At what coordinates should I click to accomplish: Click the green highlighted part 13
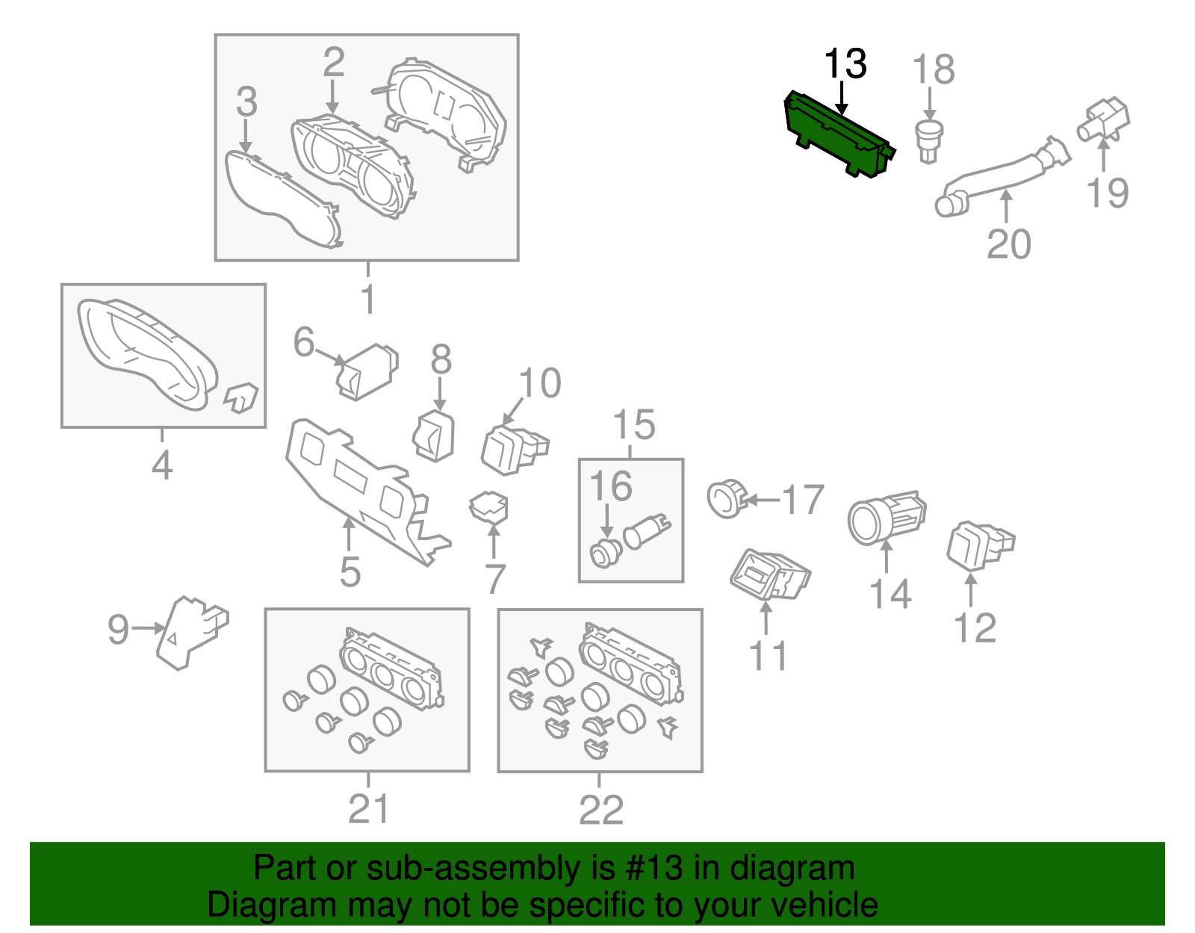(836, 134)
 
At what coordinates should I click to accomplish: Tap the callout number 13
(845, 64)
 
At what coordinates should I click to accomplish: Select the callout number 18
(934, 69)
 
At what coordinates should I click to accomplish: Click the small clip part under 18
(928, 140)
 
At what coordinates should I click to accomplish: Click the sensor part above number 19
(1103, 120)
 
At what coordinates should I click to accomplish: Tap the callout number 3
(246, 102)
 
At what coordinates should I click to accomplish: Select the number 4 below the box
(162, 465)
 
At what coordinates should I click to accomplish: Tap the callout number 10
(539, 383)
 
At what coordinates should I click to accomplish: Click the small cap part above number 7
(488, 507)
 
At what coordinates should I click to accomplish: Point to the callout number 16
(610, 486)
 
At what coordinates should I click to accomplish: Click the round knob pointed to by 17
(726, 498)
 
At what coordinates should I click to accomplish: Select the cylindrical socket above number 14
(885, 517)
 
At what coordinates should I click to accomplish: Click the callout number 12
(975, 627)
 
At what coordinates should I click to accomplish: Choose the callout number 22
(600, 810)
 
